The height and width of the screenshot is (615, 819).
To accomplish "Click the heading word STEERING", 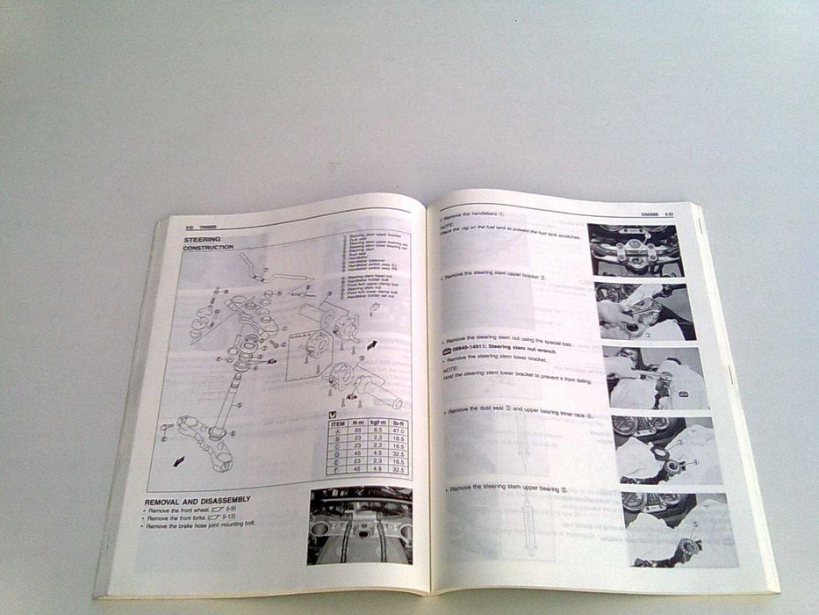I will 202,239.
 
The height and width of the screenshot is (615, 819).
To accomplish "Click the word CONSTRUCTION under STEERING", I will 208,248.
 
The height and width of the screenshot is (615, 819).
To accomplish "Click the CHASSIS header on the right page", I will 647,213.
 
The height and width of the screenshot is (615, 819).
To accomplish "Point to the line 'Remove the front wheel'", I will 190,510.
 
